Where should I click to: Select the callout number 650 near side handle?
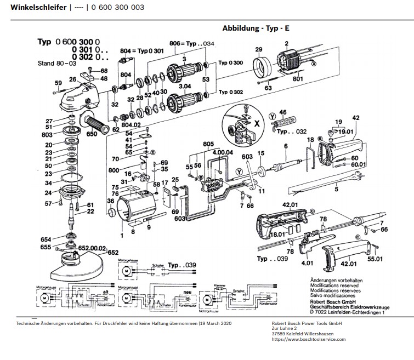pyautogui.click(x=91, y=133)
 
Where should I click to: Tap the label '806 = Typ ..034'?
pyautogui.click(x=191, y=44)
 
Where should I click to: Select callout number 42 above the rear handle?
pyautogui.click(x=355, y=118)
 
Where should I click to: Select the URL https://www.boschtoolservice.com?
pyautogui.click(x=308, y=339)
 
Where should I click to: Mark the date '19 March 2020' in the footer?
pyautogui.click(x=216, y=324)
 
